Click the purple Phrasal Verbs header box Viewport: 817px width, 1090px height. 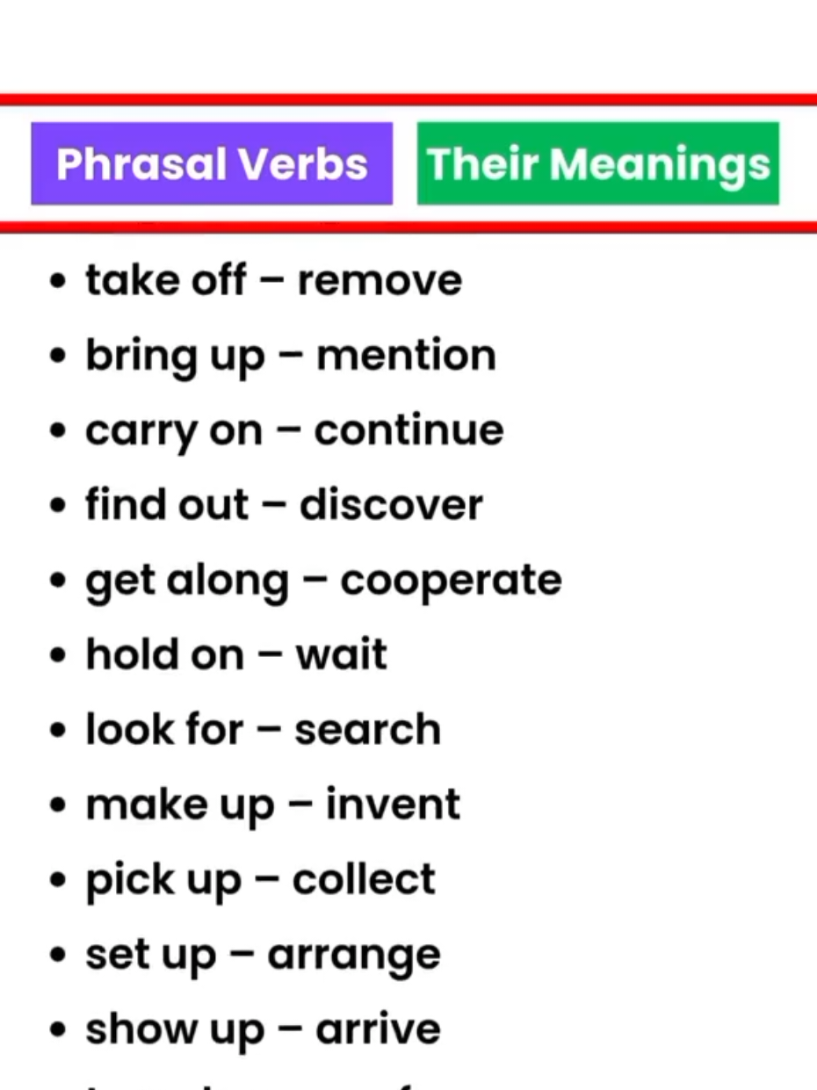[212, 164]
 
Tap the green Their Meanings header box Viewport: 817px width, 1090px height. [597, 164]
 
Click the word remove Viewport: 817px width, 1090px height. [380, 281]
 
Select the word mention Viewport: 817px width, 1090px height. [406, 356]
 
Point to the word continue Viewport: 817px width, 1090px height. [408, 430]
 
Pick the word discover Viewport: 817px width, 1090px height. [391, 505]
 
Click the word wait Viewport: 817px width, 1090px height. [341, 655]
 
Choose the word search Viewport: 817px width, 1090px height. [367, 730]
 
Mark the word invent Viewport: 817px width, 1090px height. [393, 805]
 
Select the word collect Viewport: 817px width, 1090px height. [364, 879]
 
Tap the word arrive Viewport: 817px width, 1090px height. [378, 1029]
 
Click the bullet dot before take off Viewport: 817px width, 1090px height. [59, 283]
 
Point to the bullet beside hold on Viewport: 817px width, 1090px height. [59, 657]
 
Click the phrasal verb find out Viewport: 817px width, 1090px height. [167, 505]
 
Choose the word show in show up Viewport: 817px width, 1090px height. [128, 1029]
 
